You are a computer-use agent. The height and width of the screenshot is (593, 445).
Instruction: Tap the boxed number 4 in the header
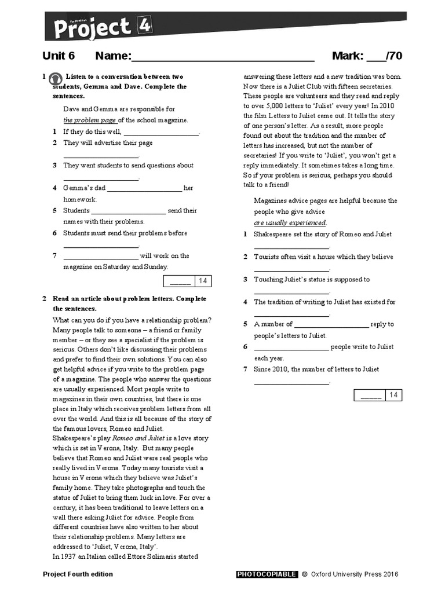click(143, 24)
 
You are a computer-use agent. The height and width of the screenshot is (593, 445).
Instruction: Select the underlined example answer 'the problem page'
click(90, 120)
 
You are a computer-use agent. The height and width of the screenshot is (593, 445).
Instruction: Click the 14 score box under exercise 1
click(202, 281)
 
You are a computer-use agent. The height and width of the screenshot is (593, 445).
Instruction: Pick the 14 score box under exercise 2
click(393, 395)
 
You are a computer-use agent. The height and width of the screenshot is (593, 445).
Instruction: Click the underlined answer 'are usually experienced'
click(290, 223)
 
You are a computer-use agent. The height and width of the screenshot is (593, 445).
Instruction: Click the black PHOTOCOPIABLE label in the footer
click(267, 574)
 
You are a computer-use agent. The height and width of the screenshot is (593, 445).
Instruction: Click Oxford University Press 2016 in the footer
click(354, 574)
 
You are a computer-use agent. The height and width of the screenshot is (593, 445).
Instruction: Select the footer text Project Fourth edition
click(78, 574)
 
